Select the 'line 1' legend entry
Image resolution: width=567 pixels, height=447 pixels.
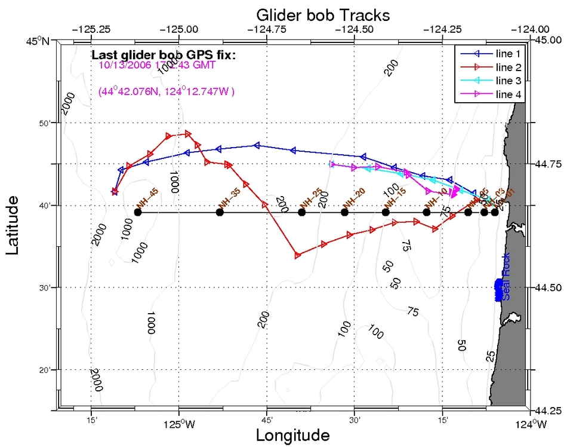[x=507, y=53]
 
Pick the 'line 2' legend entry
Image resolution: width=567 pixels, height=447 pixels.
[x=507, y=66]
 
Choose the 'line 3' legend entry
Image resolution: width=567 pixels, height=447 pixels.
[x=507, y=80]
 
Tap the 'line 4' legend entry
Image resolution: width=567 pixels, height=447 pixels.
[x=507, y=94]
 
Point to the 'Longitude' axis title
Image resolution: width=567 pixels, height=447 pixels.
[x=292, y=435]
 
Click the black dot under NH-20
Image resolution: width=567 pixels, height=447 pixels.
[x=344, y=212]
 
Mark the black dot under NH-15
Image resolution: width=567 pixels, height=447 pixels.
[x=386, y=212]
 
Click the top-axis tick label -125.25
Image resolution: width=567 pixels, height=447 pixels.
[x=90, y=28]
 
